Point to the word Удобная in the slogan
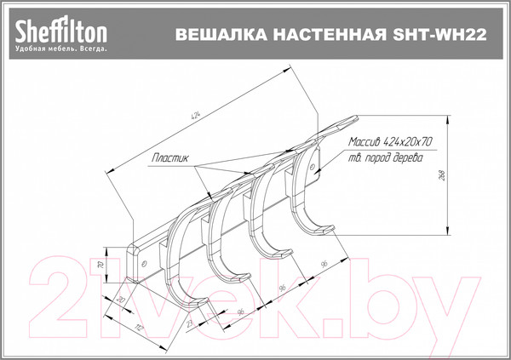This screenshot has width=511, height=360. pos(32,49)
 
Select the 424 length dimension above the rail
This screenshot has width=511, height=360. pos(198,116)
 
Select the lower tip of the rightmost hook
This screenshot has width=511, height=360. pos(328,228)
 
